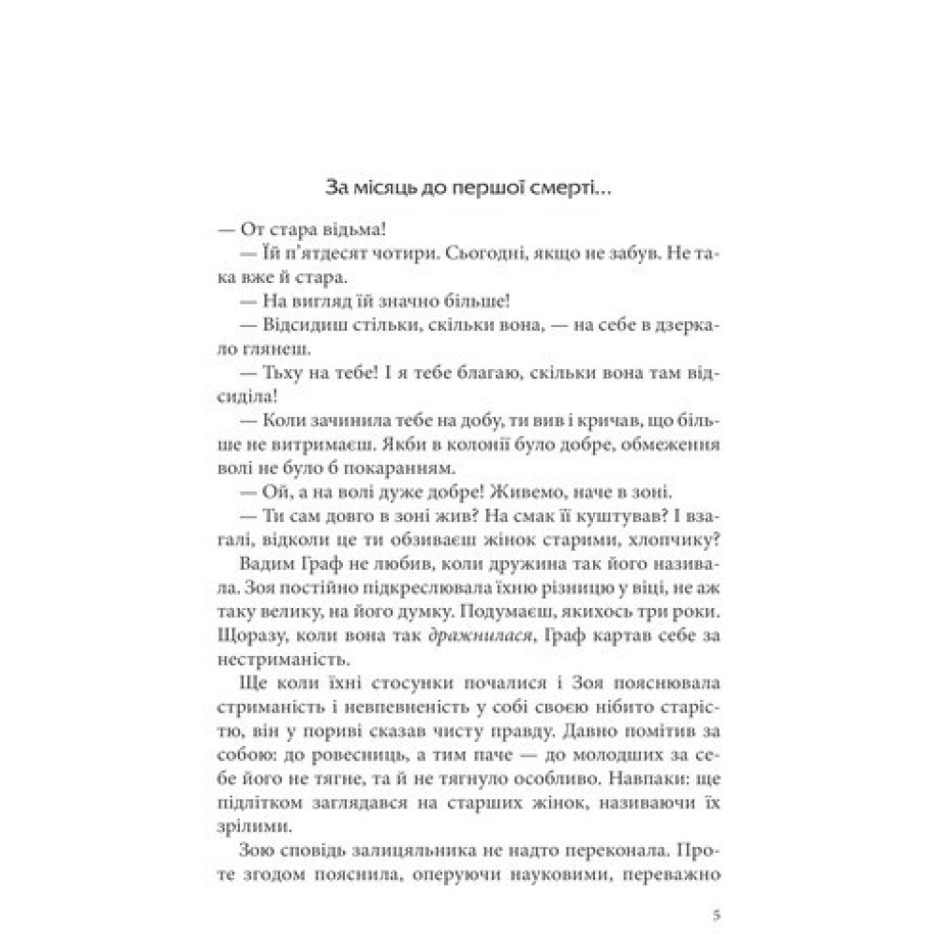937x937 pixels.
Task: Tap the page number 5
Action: click(x=716, y=915)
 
